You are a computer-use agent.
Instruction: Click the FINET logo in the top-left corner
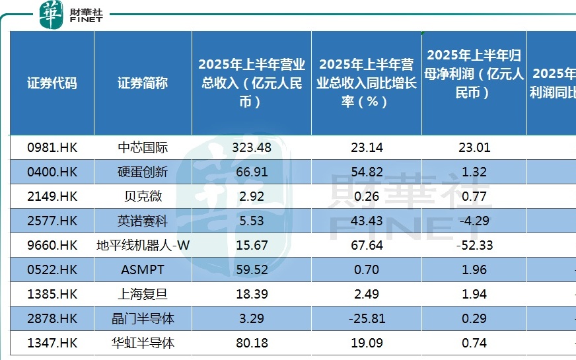71,15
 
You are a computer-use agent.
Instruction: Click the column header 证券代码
52,83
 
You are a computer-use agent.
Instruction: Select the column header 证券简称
143,83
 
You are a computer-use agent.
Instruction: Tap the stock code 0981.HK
52,148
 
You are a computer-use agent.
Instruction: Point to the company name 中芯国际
143,148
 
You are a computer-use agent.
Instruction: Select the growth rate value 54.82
367,172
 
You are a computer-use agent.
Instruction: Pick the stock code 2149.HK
52,196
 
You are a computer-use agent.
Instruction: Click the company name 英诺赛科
143,221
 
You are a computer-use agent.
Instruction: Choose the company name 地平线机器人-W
143,245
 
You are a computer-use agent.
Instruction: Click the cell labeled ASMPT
143,270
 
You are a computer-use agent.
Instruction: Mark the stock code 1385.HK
52,294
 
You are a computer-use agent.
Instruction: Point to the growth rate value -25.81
367,318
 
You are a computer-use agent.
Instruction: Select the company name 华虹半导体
143,343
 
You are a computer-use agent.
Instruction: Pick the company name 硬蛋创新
143,172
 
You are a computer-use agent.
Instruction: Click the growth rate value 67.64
367,245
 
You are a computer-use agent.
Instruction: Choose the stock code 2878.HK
52,318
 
